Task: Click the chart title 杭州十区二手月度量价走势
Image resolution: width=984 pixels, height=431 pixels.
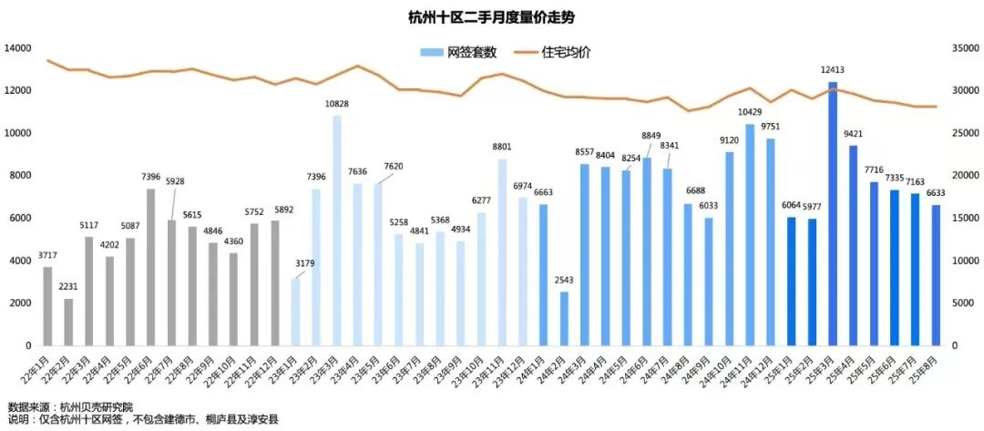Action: click(x=491, y=17)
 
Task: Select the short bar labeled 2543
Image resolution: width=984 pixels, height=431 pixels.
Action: click(x=564, y=318)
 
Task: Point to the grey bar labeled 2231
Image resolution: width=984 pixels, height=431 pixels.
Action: click(x=68, y=322)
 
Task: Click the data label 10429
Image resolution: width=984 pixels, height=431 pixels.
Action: click(x=750, y=113)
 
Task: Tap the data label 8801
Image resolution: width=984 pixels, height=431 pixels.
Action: click(x=502, y=148)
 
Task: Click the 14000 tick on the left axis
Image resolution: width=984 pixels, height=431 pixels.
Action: click(x=18, y=47)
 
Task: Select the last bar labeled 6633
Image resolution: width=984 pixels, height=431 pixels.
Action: click(x=936, y=275)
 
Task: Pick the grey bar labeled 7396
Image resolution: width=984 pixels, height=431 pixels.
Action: click(x=151, y=267)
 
